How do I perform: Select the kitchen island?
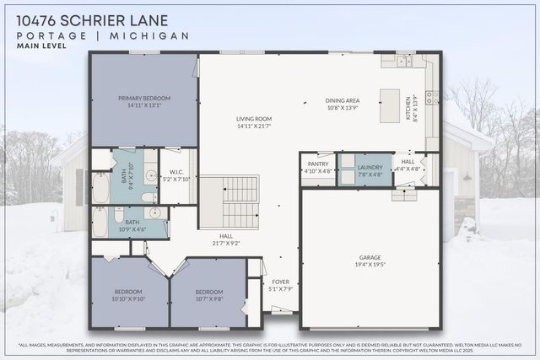(390, 105)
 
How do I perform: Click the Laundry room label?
(370, 165)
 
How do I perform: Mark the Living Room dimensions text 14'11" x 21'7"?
(253, 126)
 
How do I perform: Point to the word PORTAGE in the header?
(51, 35)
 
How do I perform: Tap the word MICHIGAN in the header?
(151, 35)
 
